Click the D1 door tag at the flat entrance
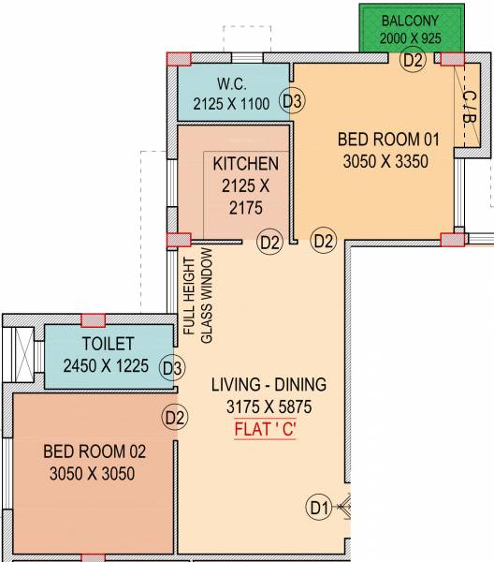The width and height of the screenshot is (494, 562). [319, 509]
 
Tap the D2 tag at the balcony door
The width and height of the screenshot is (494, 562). [413, 60]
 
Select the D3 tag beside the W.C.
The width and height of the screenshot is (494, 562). [292, 101]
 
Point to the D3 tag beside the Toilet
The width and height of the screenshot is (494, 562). [172, 368]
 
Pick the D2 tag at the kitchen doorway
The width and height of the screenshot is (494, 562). [269, 243]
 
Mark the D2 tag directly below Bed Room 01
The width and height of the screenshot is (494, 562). [324, 242]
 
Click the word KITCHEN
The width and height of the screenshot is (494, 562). [245, 164]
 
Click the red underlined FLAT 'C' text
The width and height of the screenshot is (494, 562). [268, 432]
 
